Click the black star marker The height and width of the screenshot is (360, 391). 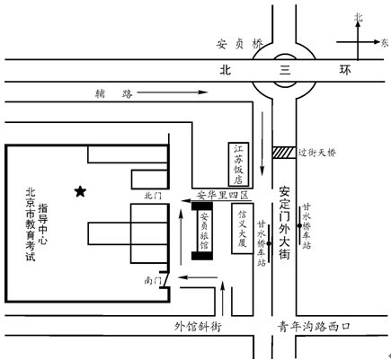(x=80, y=191)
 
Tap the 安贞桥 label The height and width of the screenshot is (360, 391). (x=240, y=44)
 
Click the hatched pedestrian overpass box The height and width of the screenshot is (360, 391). (x=284, y=153)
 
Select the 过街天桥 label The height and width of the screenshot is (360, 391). (x=316, y=153)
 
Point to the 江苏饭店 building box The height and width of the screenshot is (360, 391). (x=238, y=164)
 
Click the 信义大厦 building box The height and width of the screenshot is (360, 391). (x=243, y=229)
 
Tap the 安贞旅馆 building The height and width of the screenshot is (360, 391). (x=202, y=231)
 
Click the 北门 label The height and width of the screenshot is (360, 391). (x=153, y=196)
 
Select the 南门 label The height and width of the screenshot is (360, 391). (x=153, y=280)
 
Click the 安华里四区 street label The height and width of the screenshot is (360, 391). (x=223, y=195)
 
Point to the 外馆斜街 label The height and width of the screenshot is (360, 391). (x=198, y=326)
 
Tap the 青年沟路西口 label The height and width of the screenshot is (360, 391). (x=314, y=326)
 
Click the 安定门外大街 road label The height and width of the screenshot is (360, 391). (x=284, y=223)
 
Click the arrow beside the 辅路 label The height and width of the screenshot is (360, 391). (x=173, y=92)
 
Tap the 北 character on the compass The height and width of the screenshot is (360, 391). (x=358, y=17)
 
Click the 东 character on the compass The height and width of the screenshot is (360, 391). (x=385, y=42)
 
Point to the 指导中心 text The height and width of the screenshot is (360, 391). (x=42, y=224)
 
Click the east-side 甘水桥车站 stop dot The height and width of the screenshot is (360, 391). (x=299, y=225)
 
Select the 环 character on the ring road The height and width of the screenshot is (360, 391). (x=345, y=70)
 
